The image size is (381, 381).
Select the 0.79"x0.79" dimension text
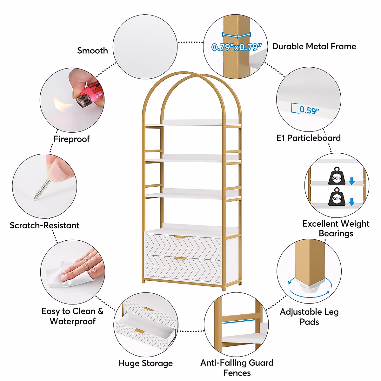click(x=237, y=47)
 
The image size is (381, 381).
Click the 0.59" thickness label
click(x=309, y=110)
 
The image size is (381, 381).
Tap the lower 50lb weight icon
click(x=337, y=197)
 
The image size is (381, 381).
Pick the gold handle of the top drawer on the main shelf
click(x=180, y=237)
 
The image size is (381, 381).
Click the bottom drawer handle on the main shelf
click(x=180, y=259)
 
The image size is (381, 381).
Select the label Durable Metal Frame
click(x=314, y=46)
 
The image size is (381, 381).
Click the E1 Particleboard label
click(x=308, y=138)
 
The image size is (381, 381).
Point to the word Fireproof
click(x=71, y=139)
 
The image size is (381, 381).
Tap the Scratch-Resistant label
click(x=44, y=225)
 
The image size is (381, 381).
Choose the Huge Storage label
click(x=146, y=363)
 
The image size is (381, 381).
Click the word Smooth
click(x=92, y=50)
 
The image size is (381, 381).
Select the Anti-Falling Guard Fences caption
click(x=237, y=368)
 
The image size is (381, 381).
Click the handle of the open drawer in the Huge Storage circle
click(x=140, y=331)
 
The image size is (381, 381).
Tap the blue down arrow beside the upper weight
click(x=351, y=181)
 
